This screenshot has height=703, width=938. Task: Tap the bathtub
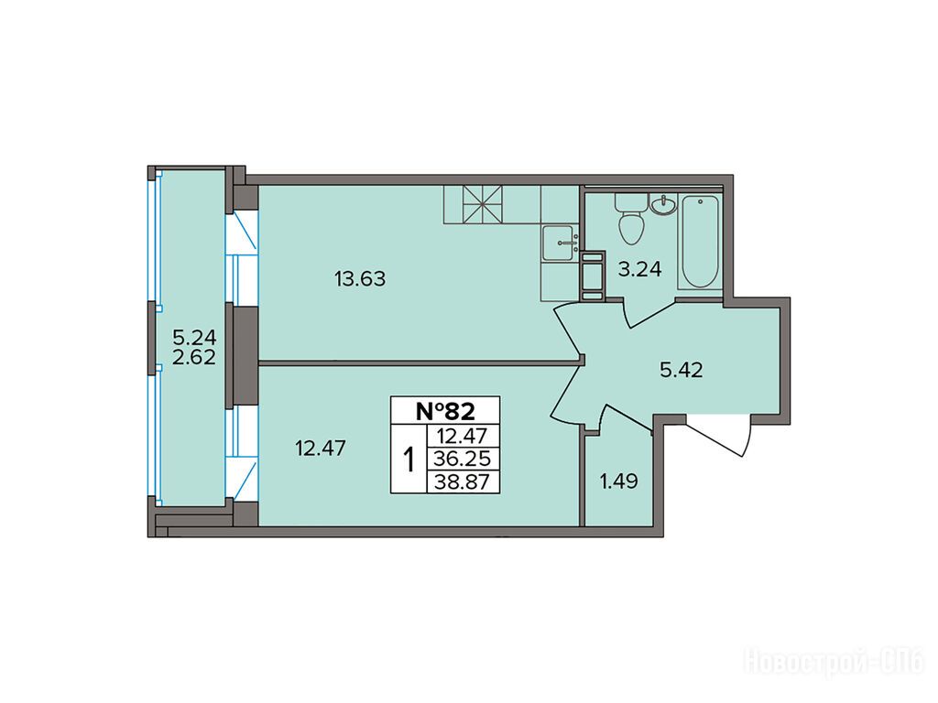[700, 242]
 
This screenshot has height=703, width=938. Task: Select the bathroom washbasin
[662, 205]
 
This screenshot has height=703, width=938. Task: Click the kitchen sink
[559, 243]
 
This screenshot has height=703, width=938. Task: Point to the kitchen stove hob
[482, 204]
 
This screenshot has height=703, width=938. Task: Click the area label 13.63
[360, 278]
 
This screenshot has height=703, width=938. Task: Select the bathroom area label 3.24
[639, 270]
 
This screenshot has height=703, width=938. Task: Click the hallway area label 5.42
[682, 371]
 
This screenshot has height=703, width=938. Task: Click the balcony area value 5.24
[194, 337]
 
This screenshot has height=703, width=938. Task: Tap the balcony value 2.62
[194, 357]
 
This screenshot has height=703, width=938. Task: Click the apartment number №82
[445, 411]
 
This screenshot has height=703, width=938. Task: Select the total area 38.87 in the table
[463, 481]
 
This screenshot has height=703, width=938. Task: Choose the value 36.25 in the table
[463, 459]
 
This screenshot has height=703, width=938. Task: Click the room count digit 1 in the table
[409, 460]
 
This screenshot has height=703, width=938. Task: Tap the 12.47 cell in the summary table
[463, 436]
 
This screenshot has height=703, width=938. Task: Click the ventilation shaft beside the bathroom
[594, 275]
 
